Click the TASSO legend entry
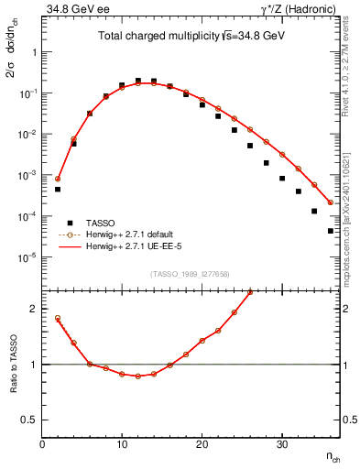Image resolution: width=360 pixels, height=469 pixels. pos(102,223)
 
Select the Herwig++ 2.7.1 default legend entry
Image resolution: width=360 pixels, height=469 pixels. pos(136,234)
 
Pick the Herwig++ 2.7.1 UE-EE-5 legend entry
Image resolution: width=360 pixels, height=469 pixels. pos(137,246)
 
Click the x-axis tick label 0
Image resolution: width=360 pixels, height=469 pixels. pos(42,444)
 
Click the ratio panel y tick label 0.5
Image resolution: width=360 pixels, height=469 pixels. pos(30,419)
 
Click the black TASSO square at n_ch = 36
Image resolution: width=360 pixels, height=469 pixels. pos(331,231)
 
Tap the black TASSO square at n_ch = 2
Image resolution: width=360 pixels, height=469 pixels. pos(58,190)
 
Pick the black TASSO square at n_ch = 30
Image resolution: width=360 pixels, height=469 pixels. pos(283,179)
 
